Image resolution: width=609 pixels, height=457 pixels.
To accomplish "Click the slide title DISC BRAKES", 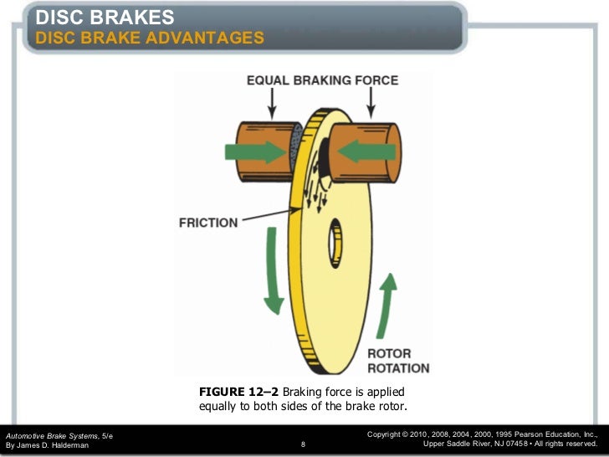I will (105, 17).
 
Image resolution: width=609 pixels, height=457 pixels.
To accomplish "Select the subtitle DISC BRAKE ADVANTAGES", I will (150, 38).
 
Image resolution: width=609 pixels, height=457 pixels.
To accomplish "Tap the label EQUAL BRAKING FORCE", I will (322, 81).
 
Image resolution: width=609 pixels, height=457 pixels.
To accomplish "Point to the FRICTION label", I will (208, 223).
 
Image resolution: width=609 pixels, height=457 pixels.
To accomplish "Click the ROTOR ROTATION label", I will (398, 361).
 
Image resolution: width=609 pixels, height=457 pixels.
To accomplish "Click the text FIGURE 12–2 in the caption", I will (238, 392).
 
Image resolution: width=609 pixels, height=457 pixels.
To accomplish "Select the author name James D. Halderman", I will (52, 445).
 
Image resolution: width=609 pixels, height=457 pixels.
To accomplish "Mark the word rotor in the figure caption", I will (391, 407).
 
